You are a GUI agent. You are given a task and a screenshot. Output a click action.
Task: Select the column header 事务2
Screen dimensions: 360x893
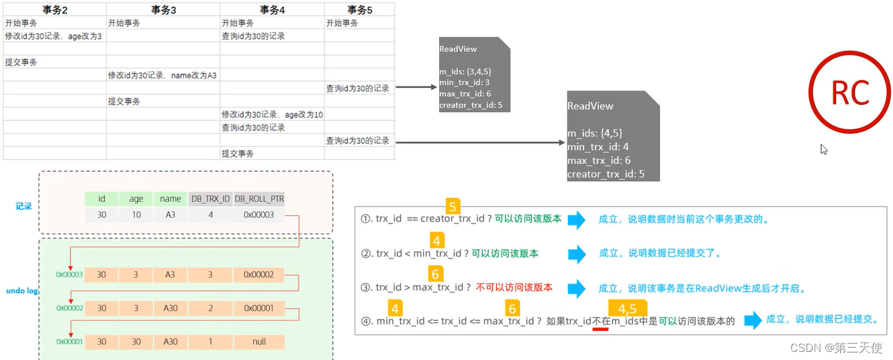point(55,9)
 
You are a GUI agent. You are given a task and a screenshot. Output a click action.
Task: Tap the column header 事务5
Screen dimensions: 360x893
point(359,9)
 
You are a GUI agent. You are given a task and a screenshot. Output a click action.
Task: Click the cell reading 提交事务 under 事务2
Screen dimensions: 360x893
point(22,62)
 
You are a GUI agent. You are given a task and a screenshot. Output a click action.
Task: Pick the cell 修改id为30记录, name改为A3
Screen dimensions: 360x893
point(162,76)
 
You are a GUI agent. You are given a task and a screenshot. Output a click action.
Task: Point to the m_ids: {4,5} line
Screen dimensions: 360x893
point(594,133)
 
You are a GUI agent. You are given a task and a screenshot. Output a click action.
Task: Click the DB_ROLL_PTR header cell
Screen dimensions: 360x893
point(259,199)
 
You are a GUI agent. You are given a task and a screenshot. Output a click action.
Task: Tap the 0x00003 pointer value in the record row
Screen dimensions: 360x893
point(259,215)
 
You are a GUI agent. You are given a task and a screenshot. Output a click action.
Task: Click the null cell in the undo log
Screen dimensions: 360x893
point(259,342)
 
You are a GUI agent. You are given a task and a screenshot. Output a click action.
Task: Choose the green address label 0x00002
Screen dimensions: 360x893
point(69,308)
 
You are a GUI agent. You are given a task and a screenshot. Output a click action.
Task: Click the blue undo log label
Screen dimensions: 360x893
point(22,290)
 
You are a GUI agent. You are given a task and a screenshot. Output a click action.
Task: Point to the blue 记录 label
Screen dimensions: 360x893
point(24,206)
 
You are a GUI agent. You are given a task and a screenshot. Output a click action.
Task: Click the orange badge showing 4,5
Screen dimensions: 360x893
point(627,309)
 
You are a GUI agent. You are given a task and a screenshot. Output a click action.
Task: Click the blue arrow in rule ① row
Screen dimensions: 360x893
point(577,220)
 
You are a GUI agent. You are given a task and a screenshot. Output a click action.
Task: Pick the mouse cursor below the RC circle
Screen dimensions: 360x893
point(824,149)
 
